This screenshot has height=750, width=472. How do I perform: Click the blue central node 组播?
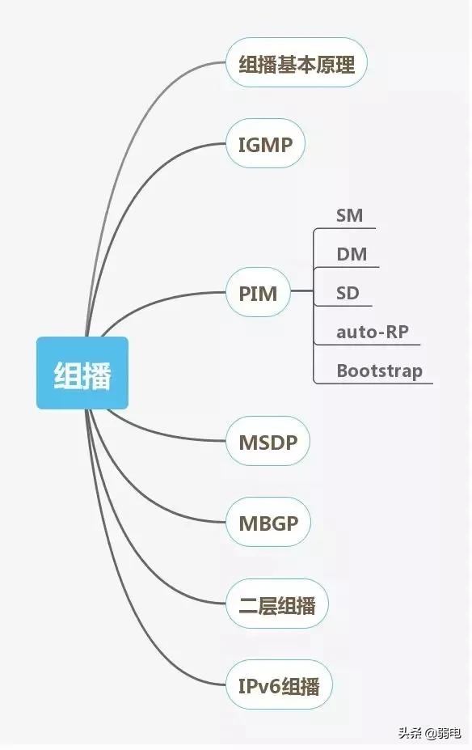pyautogui.click(x=82, y=373)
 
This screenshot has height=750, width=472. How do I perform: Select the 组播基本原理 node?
pyautogui.click(x=296, y=63)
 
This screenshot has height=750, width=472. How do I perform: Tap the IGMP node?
pyautogui.click(x=265, y=143)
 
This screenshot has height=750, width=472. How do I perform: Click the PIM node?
pyautogui.click(x=258, y=292)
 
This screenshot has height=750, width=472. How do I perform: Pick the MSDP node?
pyautogui.click(x=268, y=441)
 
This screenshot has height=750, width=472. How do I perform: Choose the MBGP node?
pyautogui.click(x=268, y=523)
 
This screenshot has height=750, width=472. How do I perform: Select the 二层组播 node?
pyautogui.click(x=277, y=604)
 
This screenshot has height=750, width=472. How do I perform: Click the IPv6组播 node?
pyautogui.click(x=279, y=685)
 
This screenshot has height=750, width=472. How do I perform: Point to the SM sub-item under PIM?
pyautogui.click(x=349, y=216)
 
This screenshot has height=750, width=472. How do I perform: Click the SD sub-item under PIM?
pyautogui.click(x=348, y=293)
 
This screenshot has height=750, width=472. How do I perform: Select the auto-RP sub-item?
pyautogui.click(x=373, y=332)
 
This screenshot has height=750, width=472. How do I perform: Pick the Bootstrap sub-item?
pyautogui.click(x=379, y=371)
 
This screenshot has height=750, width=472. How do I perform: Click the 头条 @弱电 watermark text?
pyautogui.click(x=430, y=732)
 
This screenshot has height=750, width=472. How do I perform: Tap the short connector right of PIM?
pyautogui.click(x=301, y=290)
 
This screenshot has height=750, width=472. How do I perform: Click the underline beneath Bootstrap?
pyautogui.click(x=373, y=383)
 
